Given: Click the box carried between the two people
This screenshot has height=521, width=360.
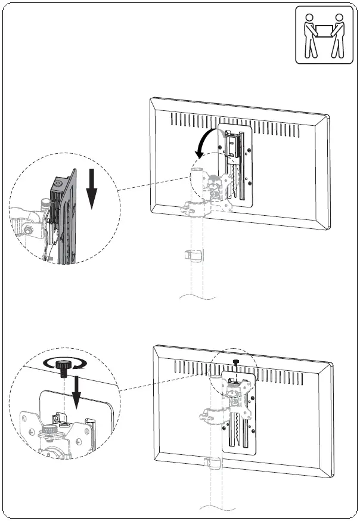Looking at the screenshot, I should (x=324, y=29).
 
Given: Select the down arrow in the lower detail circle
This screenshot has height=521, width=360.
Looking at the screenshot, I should (x=76, y=396).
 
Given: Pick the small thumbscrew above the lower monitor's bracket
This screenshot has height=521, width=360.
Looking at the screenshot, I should (x=237, y=362).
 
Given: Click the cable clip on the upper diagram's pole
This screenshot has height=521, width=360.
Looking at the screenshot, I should (x=194, y=255).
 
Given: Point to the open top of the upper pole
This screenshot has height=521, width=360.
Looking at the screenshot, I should (x=197, y=171).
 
